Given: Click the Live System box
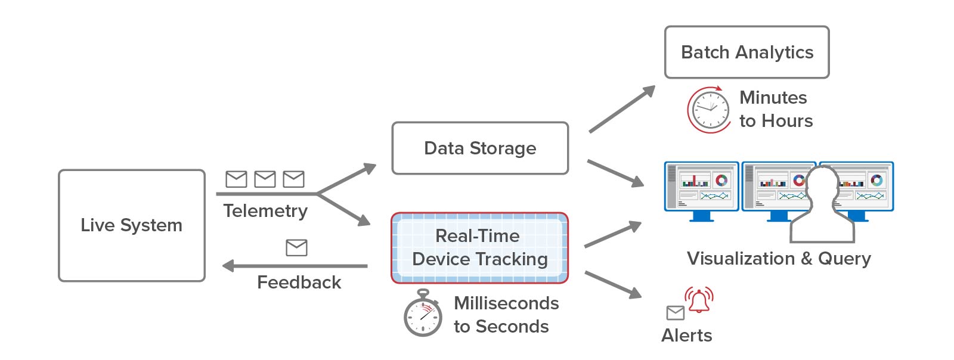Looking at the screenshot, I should click(131, 225).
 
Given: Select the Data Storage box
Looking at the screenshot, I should click(480, 148).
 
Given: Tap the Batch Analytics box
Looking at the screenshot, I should click(747, 52).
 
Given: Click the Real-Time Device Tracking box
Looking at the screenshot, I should click(480, 247).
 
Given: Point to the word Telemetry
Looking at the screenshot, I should click(265, 211).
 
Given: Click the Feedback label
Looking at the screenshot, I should click(299, 283).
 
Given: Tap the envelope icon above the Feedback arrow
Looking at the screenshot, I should click(296, 247).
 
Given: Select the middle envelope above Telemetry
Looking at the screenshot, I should click(265, 179).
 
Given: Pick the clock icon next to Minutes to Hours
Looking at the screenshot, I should click(710, 110).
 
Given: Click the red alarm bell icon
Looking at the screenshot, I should click(699, 300).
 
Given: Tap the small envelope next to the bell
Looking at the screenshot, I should click(675, 312).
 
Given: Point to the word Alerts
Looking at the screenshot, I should click(686, 336).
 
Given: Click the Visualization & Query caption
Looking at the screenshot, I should click(779, 259).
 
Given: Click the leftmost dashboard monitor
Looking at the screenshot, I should click(701, 187).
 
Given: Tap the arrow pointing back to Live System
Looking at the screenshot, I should click(295, 266).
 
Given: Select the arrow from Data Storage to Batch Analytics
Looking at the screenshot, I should click(622, 109).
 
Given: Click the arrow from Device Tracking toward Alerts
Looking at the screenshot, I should click(613, 284).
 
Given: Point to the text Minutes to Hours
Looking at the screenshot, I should click(775, 110).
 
